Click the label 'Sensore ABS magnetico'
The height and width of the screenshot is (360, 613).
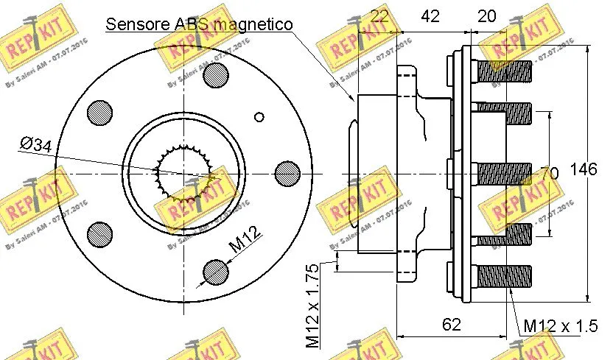(x=199, y=24)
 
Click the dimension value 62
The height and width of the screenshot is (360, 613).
(x=452, y=323)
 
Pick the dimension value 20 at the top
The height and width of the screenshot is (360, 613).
(x=487, y=16)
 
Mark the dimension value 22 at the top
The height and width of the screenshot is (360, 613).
(x=379, y=16)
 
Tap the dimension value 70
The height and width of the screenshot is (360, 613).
(x=549, y=174)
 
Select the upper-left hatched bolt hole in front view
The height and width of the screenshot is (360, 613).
(x=99, y=112)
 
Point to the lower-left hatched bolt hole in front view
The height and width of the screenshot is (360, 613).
(x=99, y=234)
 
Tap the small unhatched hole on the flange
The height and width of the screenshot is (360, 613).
(x=259, y=116)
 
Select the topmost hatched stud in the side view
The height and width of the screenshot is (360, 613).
(x=505, y=70)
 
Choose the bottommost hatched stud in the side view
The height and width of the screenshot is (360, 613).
(x=505, y=277)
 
